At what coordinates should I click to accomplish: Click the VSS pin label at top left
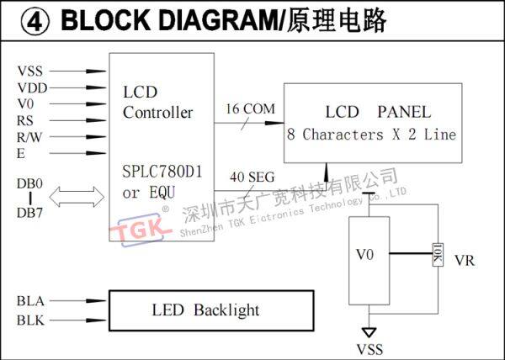click(x=29, y=72)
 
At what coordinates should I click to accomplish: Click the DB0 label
click(x=30, y=183)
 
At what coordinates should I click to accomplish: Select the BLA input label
click(x=31, y=300)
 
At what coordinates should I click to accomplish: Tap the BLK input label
click(x=31, y=320)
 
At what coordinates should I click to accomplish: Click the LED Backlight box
click(x=210, y=310)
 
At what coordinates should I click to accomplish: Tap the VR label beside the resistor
click(x=465, y=260)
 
